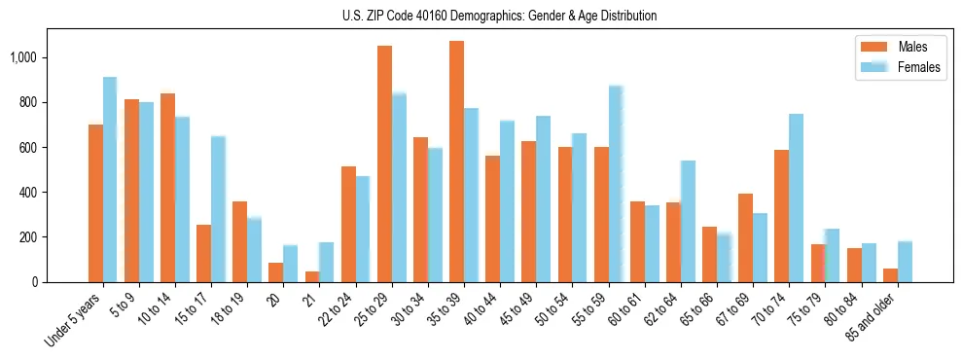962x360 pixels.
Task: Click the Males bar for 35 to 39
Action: (456, 162)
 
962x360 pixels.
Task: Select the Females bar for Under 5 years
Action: (110, 180)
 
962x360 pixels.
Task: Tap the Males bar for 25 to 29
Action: (384, 163)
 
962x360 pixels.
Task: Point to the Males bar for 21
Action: (312, 276)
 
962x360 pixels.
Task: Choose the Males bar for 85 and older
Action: (890, 275)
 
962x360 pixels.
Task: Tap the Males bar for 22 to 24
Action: (348, 224)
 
